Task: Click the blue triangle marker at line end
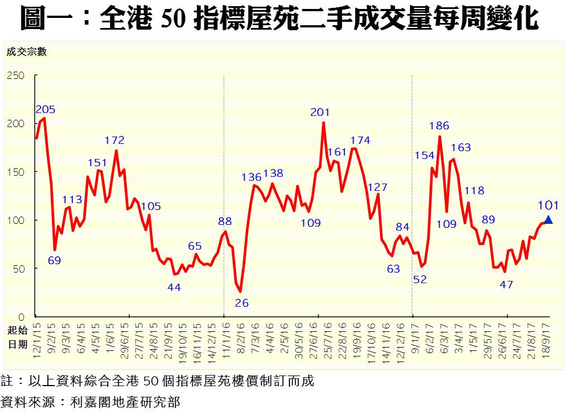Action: click(548, 220)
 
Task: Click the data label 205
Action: click(45, 109)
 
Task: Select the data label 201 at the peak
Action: click(320, 112)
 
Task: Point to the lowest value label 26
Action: click(242, 303)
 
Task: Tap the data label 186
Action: click(440, 126)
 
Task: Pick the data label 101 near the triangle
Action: click(548, 205)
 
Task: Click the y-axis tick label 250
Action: click(16, 75)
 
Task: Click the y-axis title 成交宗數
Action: click(26, 53)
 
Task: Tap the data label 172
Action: click(115, 140)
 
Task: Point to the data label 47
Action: click(506, 284)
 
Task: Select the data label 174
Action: click(360, 140)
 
